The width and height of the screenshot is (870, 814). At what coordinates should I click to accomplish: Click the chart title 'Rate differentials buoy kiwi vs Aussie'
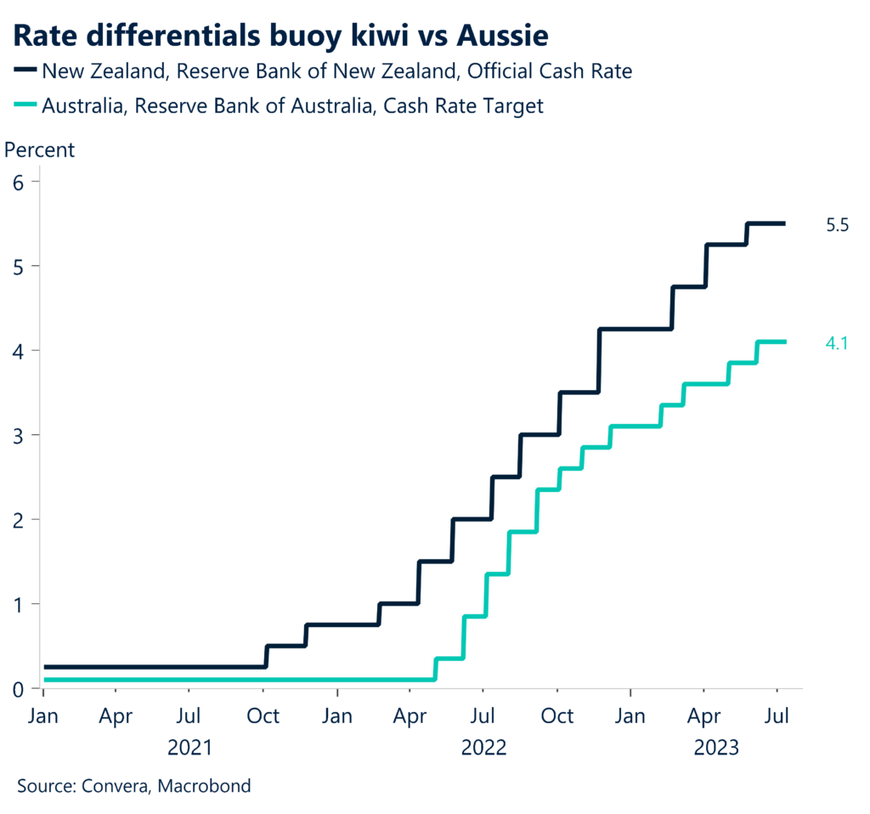[280, 36]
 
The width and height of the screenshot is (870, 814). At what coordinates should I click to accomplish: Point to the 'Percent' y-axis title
[40, 150]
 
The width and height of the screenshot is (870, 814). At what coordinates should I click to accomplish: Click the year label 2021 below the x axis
[190, 749]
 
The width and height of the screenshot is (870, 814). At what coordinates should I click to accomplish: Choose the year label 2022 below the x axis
[483, 749]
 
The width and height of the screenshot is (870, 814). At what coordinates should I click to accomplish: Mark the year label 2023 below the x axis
[716, 749]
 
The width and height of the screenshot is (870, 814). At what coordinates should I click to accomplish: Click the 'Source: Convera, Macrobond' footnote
[133, 786]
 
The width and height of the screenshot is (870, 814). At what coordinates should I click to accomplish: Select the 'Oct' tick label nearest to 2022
[557, 717]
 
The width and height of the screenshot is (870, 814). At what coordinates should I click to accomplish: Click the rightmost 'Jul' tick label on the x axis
[777, 717]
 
